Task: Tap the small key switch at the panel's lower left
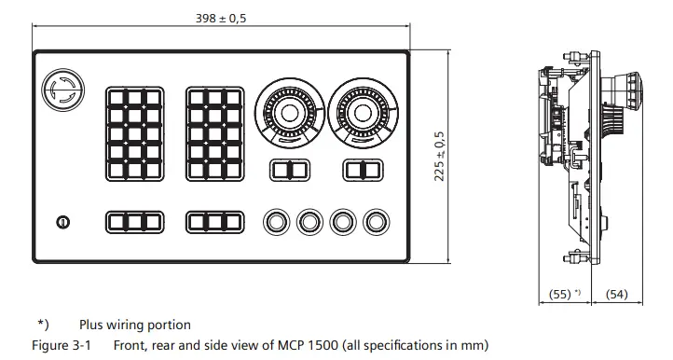pyautogui.click(x=62, y=222)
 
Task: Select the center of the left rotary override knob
pyautogui.click(x=287, y=113)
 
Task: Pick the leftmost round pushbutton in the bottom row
pyautogui.click(x=276, y=222)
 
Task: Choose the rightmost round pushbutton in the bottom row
pyautogui.click(x=376, y=222)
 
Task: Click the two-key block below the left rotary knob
pyautogui.click(x=287, y=171)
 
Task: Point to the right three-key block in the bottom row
pyautogui.click(x=214, y=222)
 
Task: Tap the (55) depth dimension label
pyautogui.click(x=561, y=295)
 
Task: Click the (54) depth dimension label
pyautogui.click(x=616, y=295)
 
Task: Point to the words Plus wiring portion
pyautogui.click(x=135, y=325)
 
